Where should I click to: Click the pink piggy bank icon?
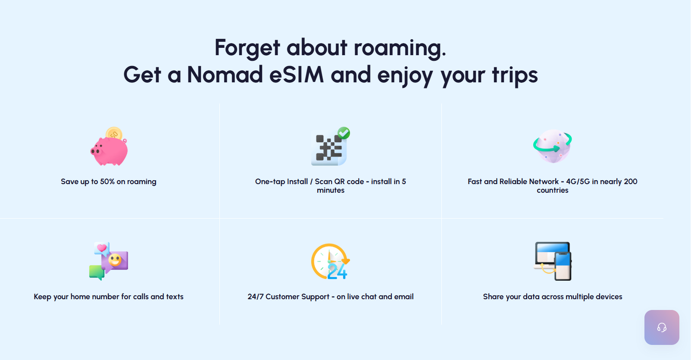point(109,151)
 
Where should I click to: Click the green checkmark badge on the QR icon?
point(344,133)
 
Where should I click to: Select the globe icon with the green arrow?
point(553,146)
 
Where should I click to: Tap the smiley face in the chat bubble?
point(115,260)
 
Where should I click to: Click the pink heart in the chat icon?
point(101,248)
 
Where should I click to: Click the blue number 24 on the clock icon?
point(337,271)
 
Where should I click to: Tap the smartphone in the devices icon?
point(563,266)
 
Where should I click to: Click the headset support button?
point(662,327)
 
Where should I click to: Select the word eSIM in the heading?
point(297,75)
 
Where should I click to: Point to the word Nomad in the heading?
point(225,75)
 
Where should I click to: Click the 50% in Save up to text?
point(107,182)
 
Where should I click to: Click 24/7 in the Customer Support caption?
point(256,297)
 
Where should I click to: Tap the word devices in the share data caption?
point(609,297)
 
